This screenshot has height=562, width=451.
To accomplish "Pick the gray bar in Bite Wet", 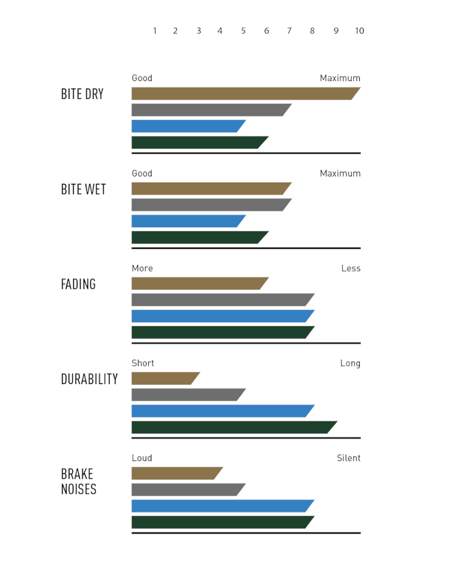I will tap(210, 205).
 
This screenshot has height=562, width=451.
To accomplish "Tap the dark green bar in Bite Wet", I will tap(198, 237).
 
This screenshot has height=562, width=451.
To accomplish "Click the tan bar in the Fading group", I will tap(198, 283).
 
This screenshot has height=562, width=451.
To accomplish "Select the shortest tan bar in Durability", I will tap(164, 378).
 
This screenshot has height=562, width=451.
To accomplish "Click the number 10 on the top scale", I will tap(359, 31).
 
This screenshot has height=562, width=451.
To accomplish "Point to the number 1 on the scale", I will tap(155, 31).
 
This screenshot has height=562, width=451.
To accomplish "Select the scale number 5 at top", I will tap(243, 31).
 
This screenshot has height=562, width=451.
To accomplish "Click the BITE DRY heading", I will tap(82, 94).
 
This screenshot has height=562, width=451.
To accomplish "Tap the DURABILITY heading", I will tap(89, 379).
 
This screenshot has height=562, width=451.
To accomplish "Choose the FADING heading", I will tap(78, 284).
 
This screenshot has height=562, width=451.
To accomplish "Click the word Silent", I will tap(349, 458).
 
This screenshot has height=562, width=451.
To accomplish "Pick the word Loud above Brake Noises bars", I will tap(142, 458).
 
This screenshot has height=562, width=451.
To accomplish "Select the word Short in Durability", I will tap(142, 363).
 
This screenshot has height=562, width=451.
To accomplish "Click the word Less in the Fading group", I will tap(351, 268).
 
